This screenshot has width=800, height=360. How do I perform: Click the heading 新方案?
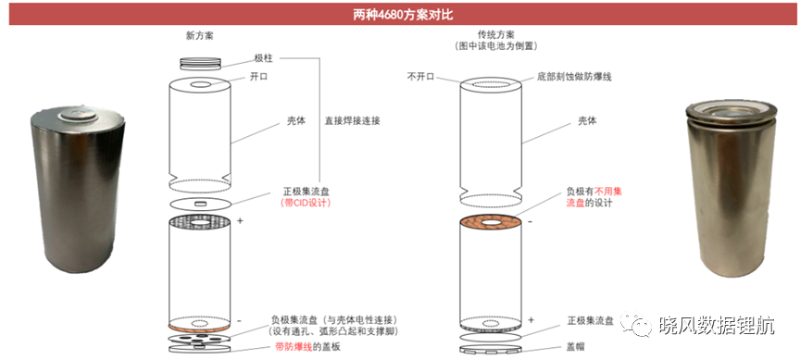click(199, 36)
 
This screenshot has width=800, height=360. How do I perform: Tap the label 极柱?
click(263, 58)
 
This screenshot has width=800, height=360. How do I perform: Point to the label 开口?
click(258, 77)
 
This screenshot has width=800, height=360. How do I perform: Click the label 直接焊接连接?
click(353, 121)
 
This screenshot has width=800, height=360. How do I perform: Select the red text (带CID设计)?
click(306, 203)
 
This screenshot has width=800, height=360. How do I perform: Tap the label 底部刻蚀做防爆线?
click(573, 77)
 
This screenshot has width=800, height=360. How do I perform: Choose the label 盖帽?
click(577, 347)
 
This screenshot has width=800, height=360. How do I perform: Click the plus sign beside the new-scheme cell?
click(240, 221)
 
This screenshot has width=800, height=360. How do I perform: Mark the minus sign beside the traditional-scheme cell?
click(531, 221)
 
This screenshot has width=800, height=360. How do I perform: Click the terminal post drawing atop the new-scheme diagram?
click(201, 63)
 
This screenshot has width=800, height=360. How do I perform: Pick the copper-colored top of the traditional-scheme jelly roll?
click(491, 224)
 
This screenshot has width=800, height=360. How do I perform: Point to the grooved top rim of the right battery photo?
click(731, 113)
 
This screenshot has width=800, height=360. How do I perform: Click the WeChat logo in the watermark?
click(635, 324)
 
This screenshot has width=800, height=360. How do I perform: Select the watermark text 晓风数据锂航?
click(717, 324)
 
